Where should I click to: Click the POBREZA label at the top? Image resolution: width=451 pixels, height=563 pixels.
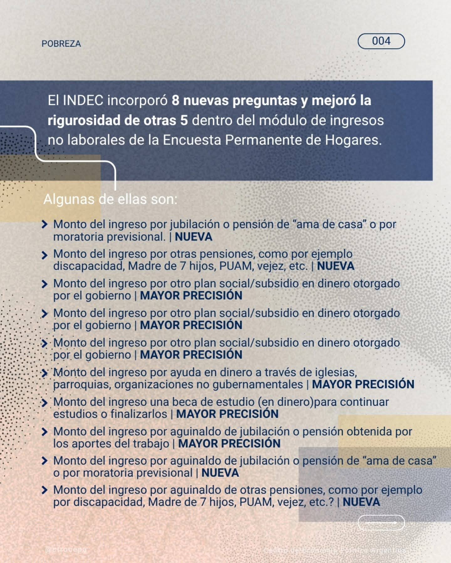coord(61,44)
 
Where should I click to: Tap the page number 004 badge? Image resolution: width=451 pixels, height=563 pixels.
coord(381,41)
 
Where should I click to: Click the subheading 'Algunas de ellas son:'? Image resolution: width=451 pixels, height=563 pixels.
coord(110,199)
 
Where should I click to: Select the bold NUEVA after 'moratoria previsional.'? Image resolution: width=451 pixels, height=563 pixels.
coord(194,237)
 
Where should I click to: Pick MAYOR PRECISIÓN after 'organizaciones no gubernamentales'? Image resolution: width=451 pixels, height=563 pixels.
coord(363,384)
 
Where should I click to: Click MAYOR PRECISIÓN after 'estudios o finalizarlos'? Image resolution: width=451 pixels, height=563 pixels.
coord(227,414)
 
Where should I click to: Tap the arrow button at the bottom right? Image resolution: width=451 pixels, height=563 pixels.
coord(381,523)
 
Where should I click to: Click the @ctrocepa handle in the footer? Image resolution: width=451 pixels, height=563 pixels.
coord(66,550)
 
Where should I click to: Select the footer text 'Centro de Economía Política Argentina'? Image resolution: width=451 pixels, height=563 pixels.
coord(334,550)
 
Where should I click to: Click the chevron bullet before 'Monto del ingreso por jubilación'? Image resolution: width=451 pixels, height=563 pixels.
coord(44,224)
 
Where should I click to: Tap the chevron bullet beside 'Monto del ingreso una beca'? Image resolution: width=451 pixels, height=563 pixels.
coord(44,402)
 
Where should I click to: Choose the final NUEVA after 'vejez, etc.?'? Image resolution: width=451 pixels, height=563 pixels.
coord(361,502)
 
